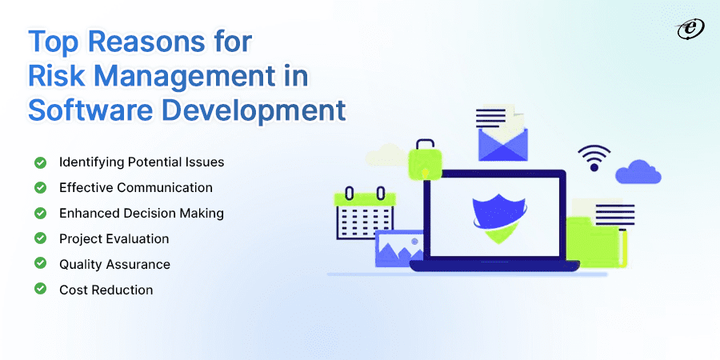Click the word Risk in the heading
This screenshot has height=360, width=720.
(x=54, y=78)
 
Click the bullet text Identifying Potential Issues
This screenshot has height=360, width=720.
(x=142, y=162)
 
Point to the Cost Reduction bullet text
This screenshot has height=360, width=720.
(x=106, y=290)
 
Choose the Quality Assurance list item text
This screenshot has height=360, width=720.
(x=114, y=264)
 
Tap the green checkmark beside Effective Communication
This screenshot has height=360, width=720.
(x=40, y=187)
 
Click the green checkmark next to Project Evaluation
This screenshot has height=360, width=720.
(x=40, y=238)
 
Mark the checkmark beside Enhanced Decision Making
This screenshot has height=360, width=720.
(x=40, y=213)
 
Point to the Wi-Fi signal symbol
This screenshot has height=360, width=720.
(x=594, y=157)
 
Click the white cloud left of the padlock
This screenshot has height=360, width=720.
(x=384, y=154)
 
